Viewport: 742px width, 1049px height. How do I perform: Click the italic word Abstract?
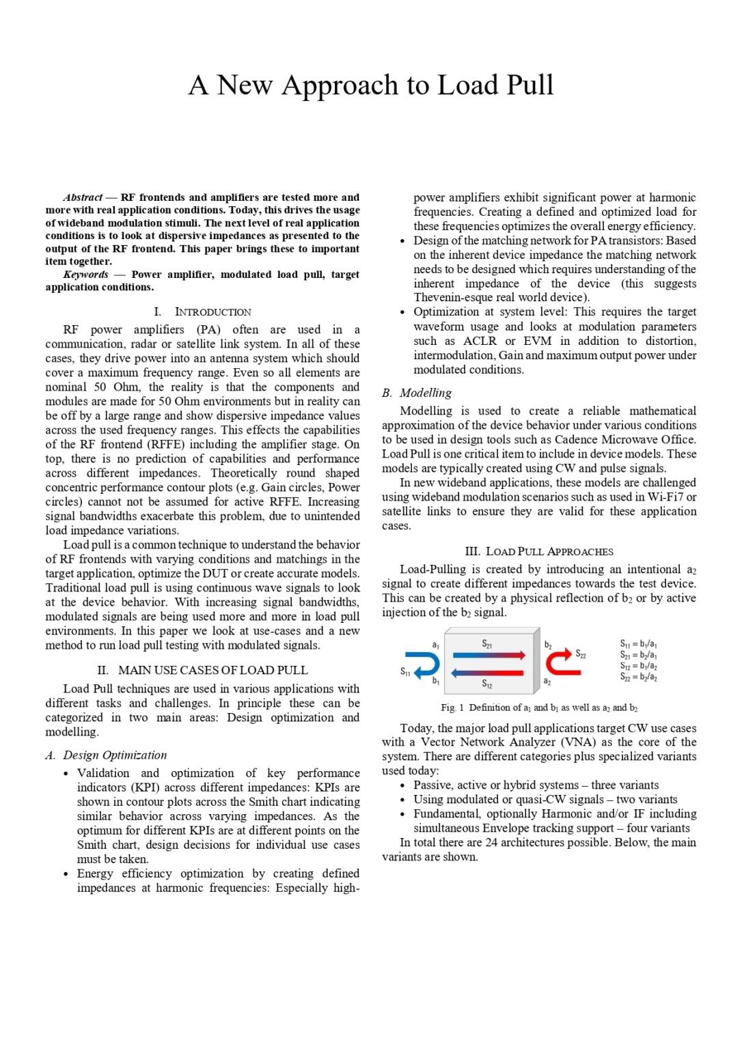(83, 197)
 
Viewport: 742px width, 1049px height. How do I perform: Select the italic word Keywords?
(85, 275)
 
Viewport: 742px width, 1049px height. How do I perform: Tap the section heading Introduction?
(212, 312)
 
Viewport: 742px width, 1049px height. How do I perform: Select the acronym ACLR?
(480, 341)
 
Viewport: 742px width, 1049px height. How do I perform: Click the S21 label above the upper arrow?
(487, 643)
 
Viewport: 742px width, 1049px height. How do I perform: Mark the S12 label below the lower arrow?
(486, 684)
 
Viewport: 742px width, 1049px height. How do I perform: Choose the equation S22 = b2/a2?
(638, 677)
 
